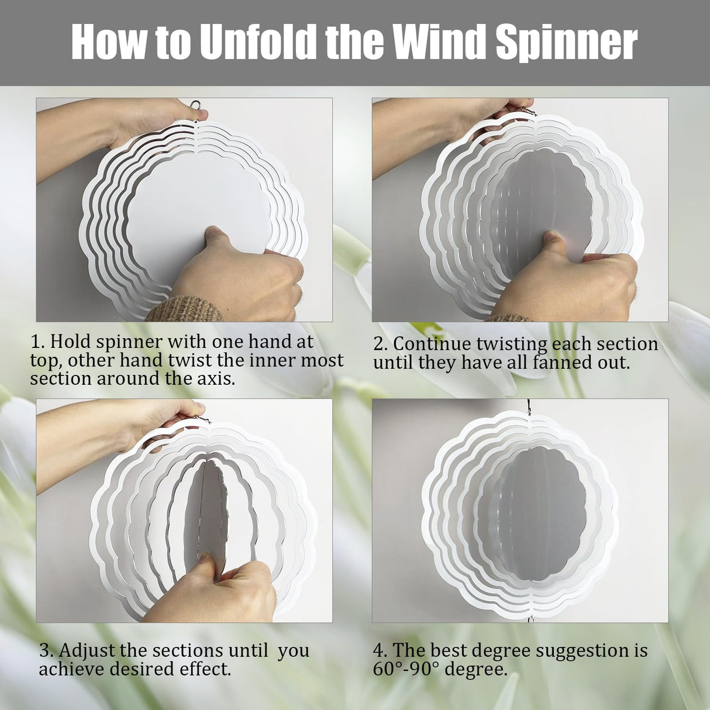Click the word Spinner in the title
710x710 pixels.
(x=566, y=42)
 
